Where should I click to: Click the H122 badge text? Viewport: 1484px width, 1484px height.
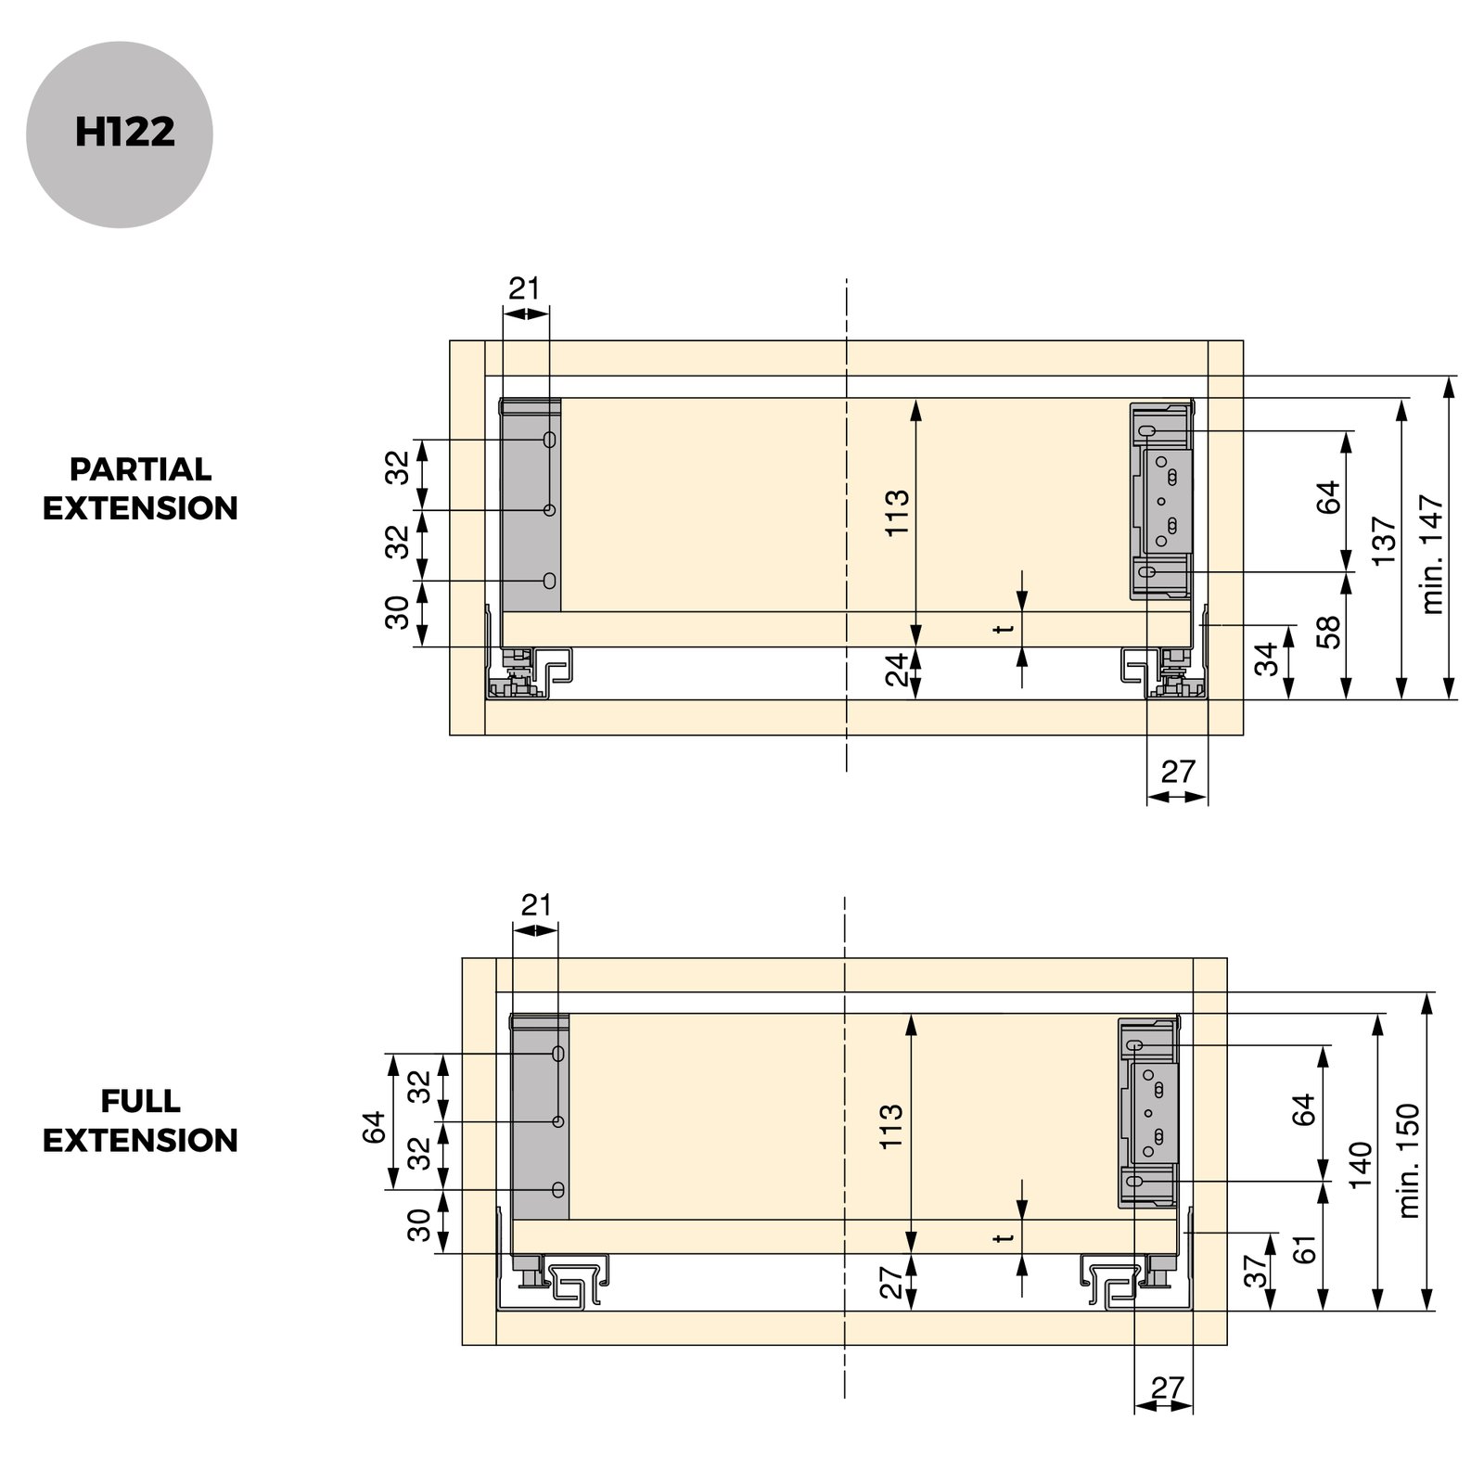(x=124, y=133)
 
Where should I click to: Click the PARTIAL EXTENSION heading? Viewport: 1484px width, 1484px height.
(x=140, y=489)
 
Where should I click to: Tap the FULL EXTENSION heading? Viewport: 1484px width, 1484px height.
(x=140, y=1120)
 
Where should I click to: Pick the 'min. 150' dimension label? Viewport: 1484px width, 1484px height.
(x=1409, y=1160)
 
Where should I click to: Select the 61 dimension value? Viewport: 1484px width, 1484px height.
(x=1305, y=1247)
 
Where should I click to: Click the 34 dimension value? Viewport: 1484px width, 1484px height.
(x=1268, y=659)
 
